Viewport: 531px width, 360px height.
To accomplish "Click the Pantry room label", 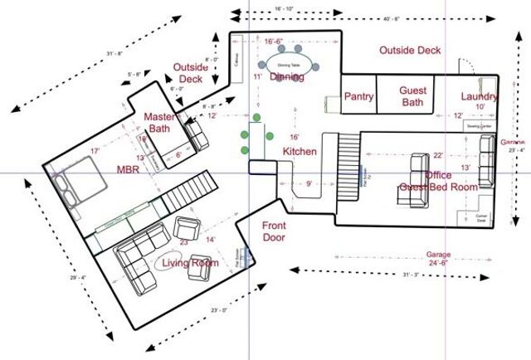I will pos(359,97).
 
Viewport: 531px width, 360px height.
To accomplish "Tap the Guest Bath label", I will pos(412,96).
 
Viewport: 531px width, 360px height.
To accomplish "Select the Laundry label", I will pos(480,97).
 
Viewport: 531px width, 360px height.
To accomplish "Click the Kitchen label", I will pos(300,152).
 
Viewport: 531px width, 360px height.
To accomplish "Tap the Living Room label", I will pos(190,264).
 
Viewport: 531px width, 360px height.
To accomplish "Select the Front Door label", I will pos(274,231).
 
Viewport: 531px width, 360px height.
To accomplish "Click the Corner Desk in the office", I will pos(481,217).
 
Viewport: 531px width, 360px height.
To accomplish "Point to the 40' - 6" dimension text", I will pos(381,17).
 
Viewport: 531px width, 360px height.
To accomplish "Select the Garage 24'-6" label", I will pos(438,258).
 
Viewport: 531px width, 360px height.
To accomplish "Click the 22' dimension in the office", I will pos(438,155).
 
